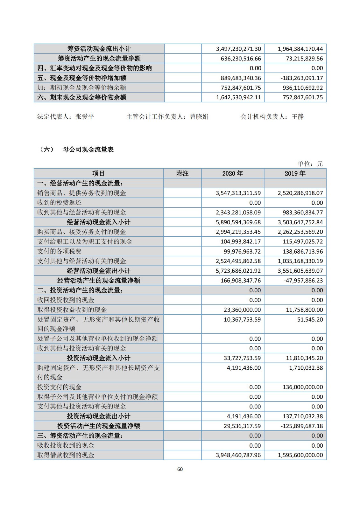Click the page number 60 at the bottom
click(180, 469)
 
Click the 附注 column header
click(182, 173)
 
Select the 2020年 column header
click(233, 173)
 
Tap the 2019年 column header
click(295, 173)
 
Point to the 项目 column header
click(98, 173)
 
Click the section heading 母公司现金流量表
click(88, 150)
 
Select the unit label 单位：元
click(310, 164)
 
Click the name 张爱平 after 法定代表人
click(85, 116)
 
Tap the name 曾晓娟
click(199, 116)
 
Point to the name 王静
click(298, 116)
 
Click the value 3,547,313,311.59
click(238, 193)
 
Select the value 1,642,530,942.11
click(238, 97)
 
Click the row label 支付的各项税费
click(59, 251)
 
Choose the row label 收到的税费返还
click(59, 203)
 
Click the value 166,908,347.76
click(240, 281)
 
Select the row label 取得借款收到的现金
click(66, 455)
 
